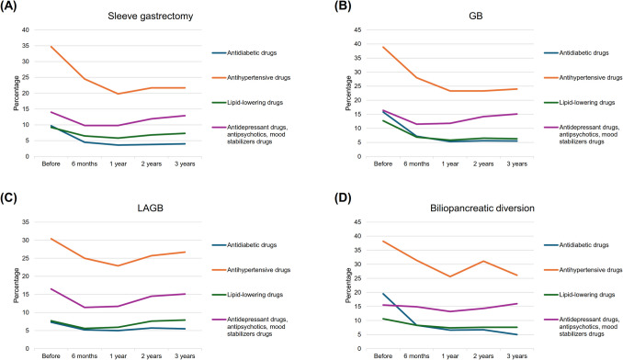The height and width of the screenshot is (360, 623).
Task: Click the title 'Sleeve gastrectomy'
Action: [x=150, y=17]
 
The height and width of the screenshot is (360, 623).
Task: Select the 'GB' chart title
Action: [x=476, y=17]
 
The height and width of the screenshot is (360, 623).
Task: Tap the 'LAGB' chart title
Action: [x=150, y=208]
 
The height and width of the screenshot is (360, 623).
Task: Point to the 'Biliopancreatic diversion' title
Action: [x=481, y=208]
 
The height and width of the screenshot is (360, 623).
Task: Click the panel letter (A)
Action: [x=8, y=6]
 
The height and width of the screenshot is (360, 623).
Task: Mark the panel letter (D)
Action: [x=343, y=198]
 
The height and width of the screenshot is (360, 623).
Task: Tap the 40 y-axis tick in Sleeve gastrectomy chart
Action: [x=26, y=29]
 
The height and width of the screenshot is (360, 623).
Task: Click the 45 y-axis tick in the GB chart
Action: [x=358, y=29]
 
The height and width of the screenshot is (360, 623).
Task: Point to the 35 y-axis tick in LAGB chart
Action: [x=26, y=222]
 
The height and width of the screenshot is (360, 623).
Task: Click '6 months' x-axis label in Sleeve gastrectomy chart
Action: [x=85, y=163]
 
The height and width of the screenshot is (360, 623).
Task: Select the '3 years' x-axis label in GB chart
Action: [x=516, y=163]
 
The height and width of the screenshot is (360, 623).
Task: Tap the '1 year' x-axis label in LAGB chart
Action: [x=118, y=356]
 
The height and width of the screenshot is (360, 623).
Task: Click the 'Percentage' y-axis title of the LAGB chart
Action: [x=17, y=286]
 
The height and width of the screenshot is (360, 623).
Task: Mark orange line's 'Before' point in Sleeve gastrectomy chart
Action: [x=51, y=47]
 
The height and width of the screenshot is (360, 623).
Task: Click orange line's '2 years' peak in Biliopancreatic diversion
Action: [x=483, y=261]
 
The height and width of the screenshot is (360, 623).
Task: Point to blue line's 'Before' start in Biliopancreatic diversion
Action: [x=383, y=294]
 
